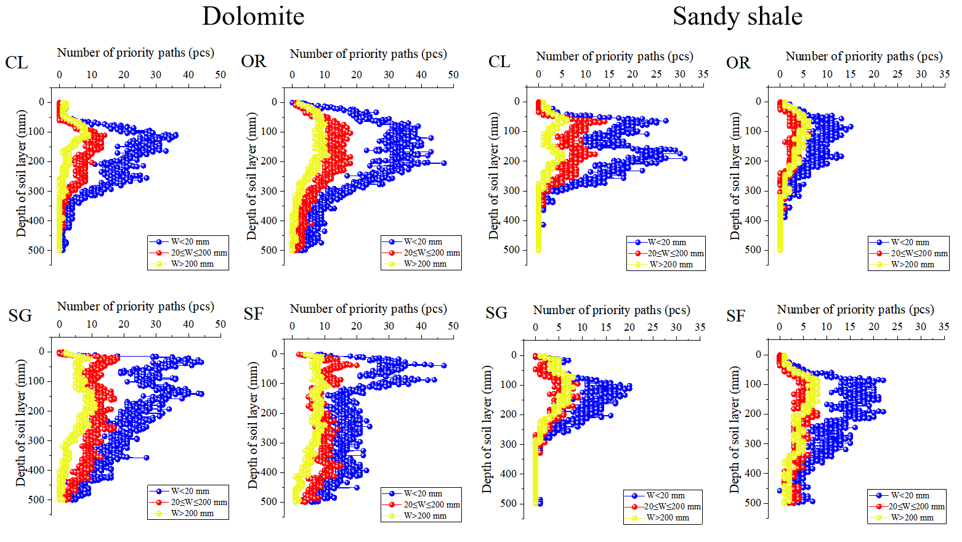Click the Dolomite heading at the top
pos(253,17)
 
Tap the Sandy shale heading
pos(737,17)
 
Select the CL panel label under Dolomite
pos(17,63)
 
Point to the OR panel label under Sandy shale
pos(738,63)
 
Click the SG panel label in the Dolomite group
pos(20,316)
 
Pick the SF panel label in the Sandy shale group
pos(735,317)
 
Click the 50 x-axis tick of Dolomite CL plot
pos(220,75)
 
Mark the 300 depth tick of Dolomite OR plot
pos(269,191)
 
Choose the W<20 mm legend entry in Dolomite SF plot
pos(422,493)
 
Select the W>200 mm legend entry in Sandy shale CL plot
pos(671,264)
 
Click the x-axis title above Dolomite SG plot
pos(135,307)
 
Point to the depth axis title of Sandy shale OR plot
pos(735,176)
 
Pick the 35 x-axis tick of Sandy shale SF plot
pos(944,326)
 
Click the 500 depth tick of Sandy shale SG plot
pos(508,503)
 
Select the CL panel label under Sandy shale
pos(499,62)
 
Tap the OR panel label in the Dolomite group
pos(254,62)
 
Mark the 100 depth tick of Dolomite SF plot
pos(269,383)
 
